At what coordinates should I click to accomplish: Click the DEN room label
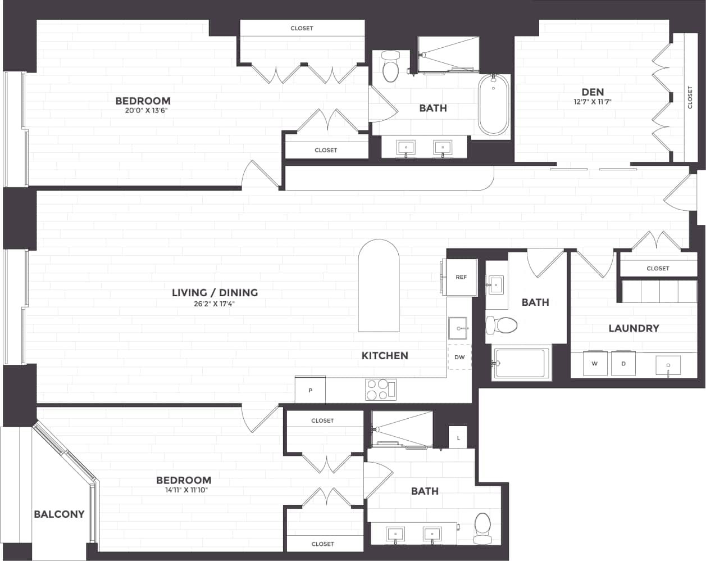[x=593, y=92]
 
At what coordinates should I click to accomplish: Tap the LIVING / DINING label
[x=215, y=292]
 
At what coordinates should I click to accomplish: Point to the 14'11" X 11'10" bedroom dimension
[x=183, y=490]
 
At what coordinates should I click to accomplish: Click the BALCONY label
[x=59, y=514]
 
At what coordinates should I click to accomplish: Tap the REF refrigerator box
[x=461, y=277]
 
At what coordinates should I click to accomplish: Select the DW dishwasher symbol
[x=459, y=357]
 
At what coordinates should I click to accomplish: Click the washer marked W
[x=594, y=364]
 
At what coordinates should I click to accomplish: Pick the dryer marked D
[x=623, y=364]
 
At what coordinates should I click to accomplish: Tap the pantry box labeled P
[x=310, y=390]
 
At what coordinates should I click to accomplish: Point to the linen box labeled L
[x=458, y=437]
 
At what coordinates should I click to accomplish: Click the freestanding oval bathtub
[x=494, y=105]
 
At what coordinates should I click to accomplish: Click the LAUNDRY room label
[x=634, y=328]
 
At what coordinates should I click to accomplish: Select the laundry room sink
[x=668, y=365]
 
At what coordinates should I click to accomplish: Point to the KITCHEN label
[x=385, y=355]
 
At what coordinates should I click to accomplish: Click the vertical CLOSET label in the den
[x=690, y=97]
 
